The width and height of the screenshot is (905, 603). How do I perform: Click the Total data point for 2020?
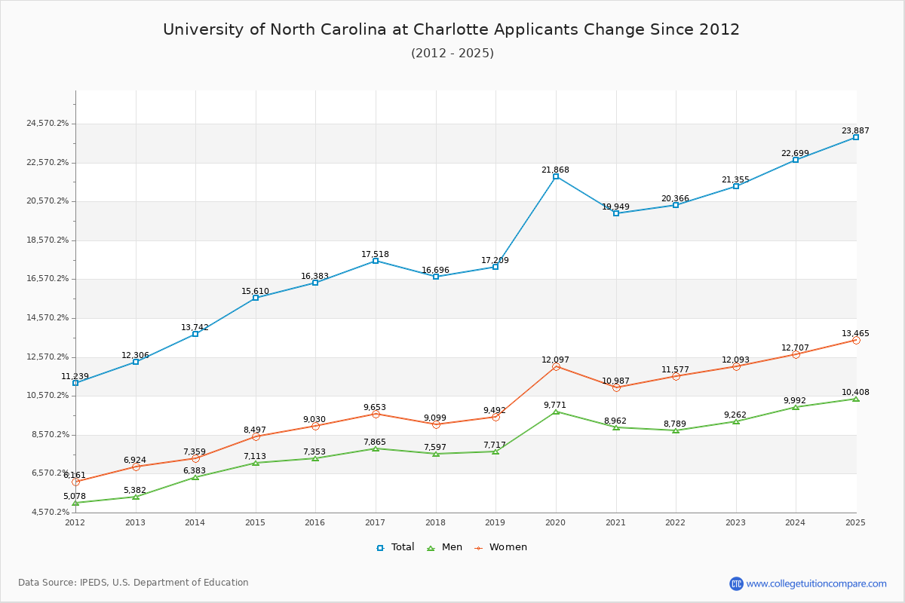coord(556,176)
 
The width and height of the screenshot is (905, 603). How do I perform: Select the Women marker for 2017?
coord(376,414)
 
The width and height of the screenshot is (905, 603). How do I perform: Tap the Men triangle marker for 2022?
coord(676,430)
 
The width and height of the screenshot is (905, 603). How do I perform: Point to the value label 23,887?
coord(855,130)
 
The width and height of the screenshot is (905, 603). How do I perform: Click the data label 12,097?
coord(555,360)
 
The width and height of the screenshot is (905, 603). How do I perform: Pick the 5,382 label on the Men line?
coord(135,490)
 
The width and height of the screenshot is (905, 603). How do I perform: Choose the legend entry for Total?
coord(395,547)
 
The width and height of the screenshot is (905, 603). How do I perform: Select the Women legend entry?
coord(501,547)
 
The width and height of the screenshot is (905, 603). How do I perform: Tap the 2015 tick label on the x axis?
coord(255,522)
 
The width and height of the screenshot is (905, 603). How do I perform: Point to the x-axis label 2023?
coord(735,522)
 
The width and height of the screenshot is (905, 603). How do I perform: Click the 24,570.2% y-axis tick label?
coord(47,123)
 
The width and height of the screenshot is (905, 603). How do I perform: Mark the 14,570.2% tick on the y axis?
coord(47,317)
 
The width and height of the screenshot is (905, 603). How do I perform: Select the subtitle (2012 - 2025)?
coord(452,53)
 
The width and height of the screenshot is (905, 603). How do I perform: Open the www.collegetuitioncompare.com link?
coord(816,583)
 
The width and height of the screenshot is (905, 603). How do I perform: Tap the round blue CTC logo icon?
coord(736,583)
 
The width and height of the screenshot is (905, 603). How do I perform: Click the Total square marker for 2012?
coord(75,383)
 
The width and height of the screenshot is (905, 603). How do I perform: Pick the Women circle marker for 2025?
coord(855,340)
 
